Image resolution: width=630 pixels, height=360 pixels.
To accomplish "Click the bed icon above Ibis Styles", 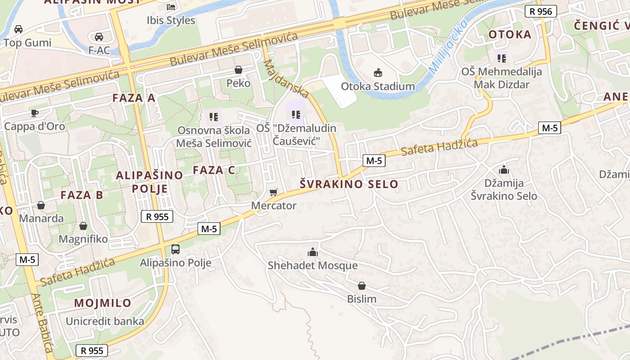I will click(x=171, y=7).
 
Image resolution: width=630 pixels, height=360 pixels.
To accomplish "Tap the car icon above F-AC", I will click(x=99, y=36).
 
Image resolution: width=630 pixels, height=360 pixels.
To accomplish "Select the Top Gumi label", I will click(x=27, y=43).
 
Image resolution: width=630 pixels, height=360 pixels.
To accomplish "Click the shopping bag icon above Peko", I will click(x=238, y=70).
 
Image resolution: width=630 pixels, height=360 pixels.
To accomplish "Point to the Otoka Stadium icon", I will click(x=378, y=72).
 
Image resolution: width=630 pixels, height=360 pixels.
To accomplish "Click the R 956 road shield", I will click(x=541, y=11).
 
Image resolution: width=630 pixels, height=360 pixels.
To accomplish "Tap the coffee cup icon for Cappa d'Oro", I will click(x=35, y=112).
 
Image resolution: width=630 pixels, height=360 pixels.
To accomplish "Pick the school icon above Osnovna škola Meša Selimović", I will click(x=214, y=117).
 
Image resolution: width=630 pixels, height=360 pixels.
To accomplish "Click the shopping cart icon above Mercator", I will click(x=273, y=193).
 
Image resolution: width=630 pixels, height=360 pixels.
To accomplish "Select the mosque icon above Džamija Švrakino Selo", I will click(x=504, y=170).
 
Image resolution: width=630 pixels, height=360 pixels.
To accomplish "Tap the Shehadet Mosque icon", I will click(x=313, y=252).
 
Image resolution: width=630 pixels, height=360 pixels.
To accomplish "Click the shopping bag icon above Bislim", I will click(x=361, y=285).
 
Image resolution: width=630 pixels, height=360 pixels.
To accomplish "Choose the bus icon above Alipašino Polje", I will click(x=175, y=249).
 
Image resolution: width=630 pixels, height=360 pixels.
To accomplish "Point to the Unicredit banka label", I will click(x=105, y=321).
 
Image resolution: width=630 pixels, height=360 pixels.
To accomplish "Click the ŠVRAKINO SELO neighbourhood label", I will click(x=349, y=184).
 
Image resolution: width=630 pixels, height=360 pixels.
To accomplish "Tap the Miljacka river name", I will click(x=448, y=46).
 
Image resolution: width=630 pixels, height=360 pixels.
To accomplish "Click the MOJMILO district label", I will click(x=103, y=303).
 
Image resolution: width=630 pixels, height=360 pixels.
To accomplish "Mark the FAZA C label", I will click(x=214, y=170).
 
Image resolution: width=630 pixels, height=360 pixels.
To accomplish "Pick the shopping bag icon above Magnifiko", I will click(x=83, y=225).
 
